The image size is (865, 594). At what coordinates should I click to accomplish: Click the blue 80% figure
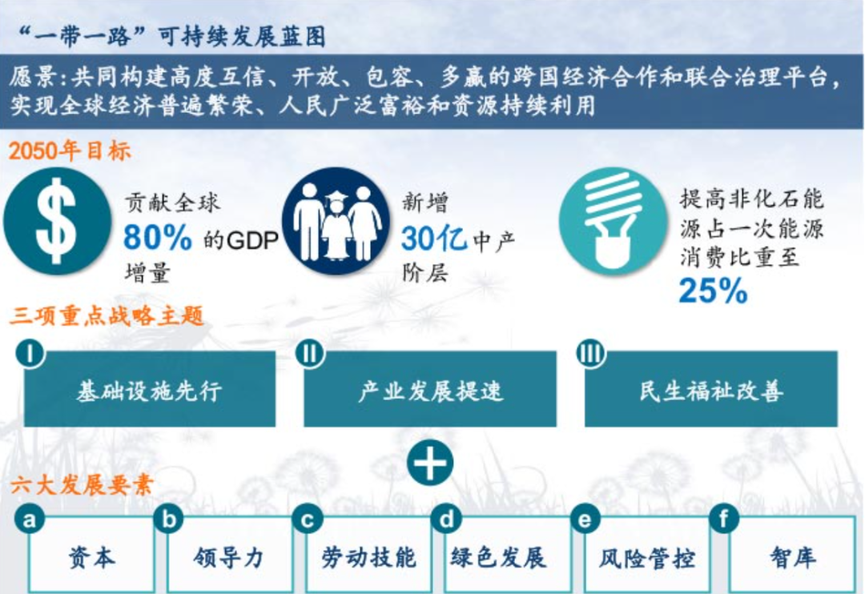tap(158, 238)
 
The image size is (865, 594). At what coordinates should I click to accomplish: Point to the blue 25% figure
tap(713, 291)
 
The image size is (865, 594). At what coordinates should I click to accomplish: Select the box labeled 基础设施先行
tap(149, 391)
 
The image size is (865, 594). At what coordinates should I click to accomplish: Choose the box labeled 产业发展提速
tap(430, 391)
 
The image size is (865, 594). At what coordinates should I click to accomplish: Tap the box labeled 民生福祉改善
tap(711, 391)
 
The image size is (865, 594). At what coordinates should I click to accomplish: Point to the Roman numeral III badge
tap(591, 353)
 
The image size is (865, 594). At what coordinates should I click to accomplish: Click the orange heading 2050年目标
tap(70, 151)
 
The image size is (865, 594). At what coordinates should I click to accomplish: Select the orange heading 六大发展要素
tap(82, 485)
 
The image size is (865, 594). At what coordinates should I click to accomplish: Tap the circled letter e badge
tap(585, 520)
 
